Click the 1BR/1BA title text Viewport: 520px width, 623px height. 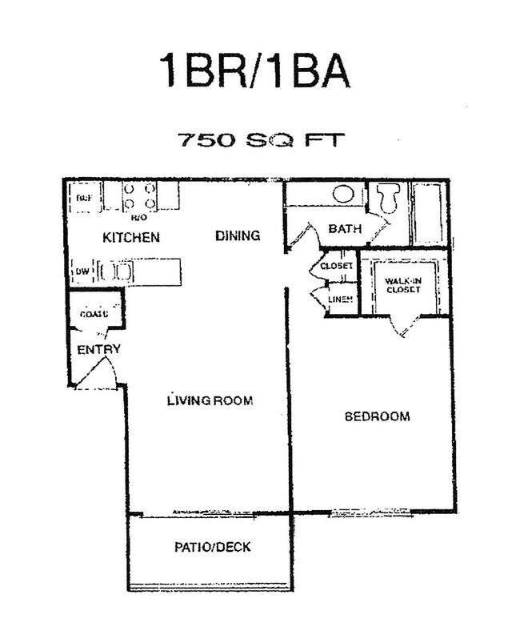pos(255,71)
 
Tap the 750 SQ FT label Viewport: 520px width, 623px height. pos(260,140)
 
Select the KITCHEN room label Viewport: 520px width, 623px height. pos(131,238)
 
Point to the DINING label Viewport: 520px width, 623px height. pos(238,235)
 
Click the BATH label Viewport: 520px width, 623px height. pos(345,229)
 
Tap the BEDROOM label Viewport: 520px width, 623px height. pos(377,416)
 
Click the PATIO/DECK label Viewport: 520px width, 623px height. pos(212,548)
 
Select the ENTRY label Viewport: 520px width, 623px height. pos(98,350)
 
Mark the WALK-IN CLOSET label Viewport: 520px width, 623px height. pos(402,286)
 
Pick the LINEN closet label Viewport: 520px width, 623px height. pos(339,299)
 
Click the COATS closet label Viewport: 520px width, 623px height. pos(94,314)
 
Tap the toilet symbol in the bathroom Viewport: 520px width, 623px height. pos(390,198)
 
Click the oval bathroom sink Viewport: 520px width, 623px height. pos(344,193)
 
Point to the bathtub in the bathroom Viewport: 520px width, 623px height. pos(428,214)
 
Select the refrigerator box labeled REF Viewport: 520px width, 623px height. pos(83,198)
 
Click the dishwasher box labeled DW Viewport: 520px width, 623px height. pos(82,271)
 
